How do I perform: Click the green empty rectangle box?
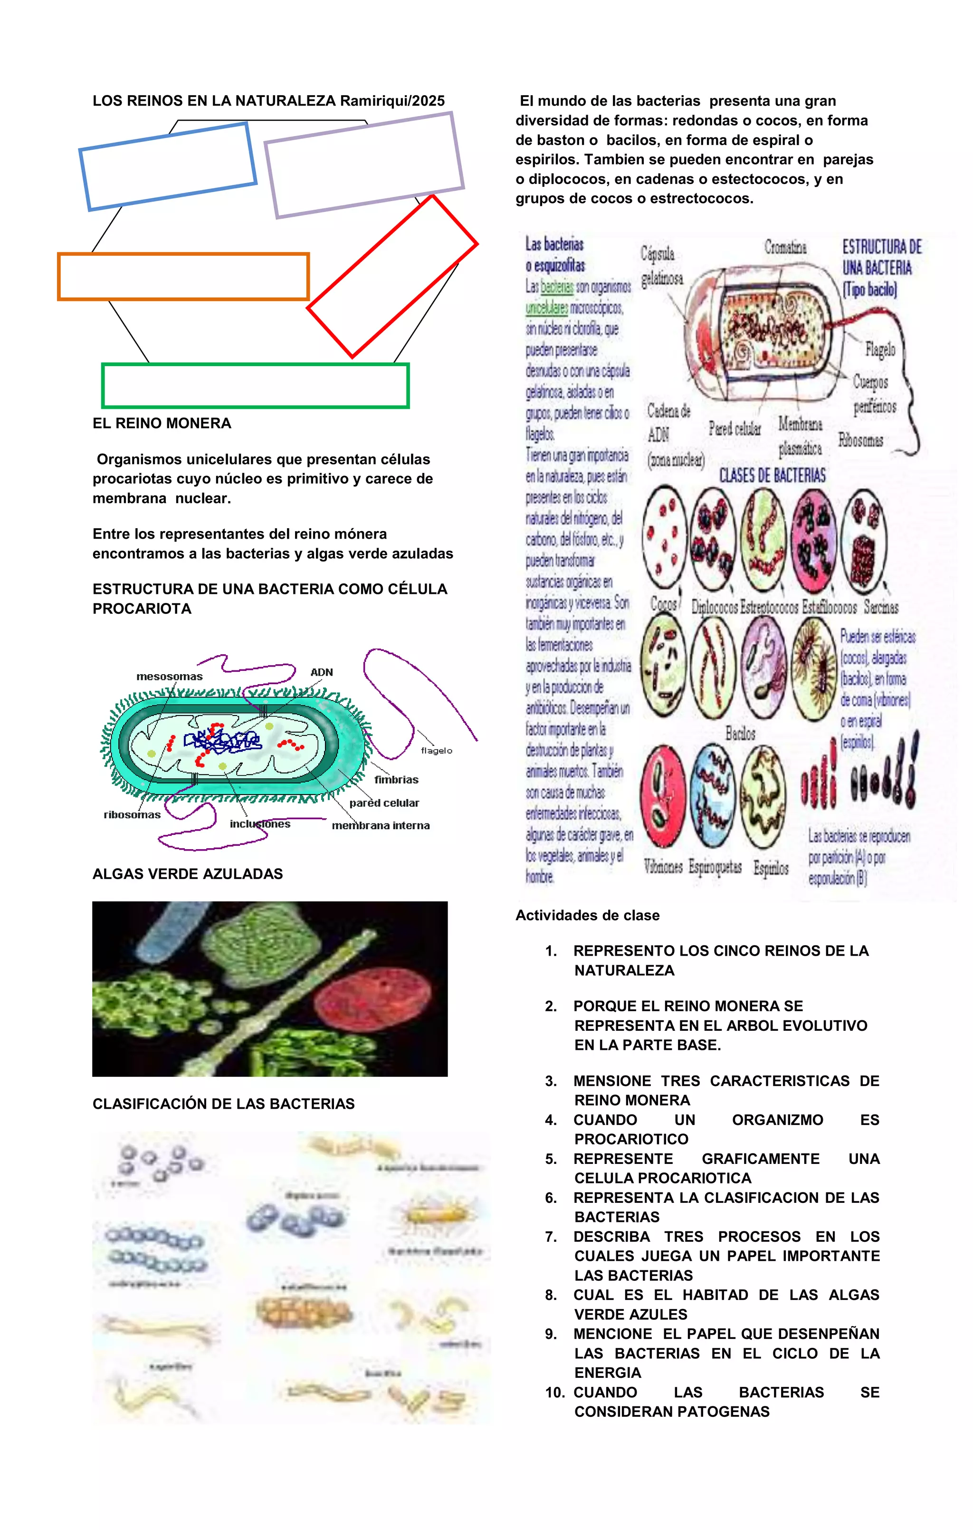[x=255, y=386]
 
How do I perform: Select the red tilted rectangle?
[x=392, y=276]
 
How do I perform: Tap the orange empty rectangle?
[x=183, y=276]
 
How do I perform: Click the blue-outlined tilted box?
[x=168, y=166]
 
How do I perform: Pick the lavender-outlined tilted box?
[x=364, y=165]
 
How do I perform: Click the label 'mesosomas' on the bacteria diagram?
[x=169, y=677]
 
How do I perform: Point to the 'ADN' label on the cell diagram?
[x=321, y=672]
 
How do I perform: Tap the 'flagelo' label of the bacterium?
[x=436, y=750]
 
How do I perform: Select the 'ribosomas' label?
[x=132, y=814]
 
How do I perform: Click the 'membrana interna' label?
[x=381, y=825]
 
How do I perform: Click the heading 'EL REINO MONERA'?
[x=162, y=423]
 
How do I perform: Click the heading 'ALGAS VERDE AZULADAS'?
[x=187, y=874]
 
